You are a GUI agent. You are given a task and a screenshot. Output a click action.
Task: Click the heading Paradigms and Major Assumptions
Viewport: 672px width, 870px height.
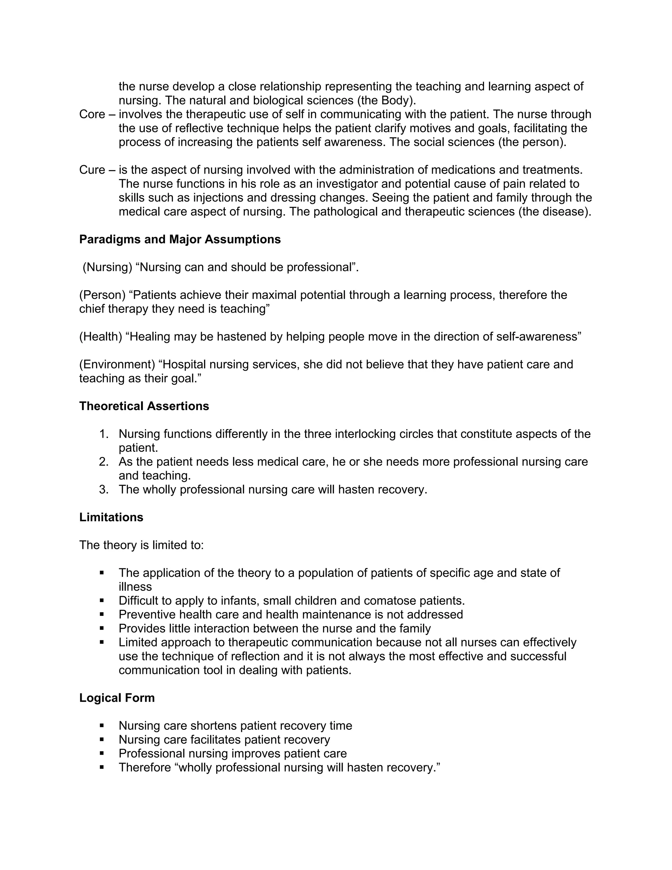[180, 239]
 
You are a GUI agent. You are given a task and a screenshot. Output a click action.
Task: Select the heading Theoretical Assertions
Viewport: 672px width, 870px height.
[144, 406]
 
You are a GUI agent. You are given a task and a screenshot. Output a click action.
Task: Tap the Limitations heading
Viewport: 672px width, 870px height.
[111, 517]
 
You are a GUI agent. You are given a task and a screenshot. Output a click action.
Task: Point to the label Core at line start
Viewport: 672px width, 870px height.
[92, 114]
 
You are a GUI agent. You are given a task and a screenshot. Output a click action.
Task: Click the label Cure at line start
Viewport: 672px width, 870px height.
[92, 170]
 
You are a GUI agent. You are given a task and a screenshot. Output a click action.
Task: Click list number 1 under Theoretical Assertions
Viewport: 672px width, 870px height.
[103, 434]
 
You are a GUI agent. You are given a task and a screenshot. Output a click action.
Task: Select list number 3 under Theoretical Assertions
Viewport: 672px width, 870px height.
[103, 489]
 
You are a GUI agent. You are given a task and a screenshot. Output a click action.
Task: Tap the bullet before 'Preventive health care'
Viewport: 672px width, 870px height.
[102, 614]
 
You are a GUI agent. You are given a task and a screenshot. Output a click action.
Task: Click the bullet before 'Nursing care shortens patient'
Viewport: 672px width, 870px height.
[102, 726]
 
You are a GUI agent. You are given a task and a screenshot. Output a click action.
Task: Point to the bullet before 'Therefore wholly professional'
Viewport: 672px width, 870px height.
[102, 767]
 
